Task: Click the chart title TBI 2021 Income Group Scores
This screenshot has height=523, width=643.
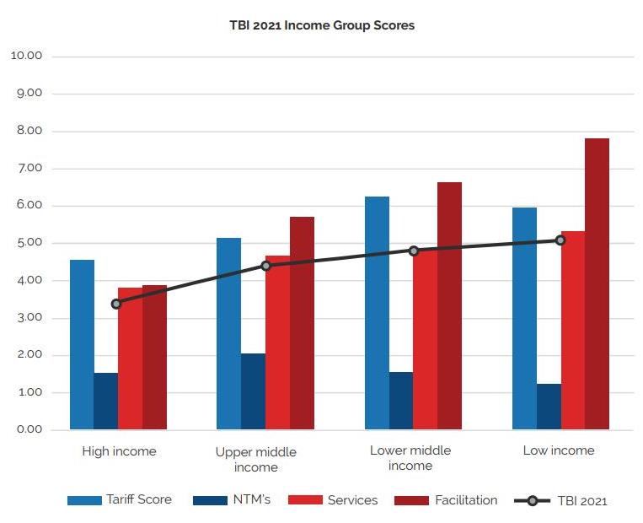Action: click(322, 25)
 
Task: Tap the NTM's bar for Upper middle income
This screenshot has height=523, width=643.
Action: click(253, 391)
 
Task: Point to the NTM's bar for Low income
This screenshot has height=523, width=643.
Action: click(549, 407)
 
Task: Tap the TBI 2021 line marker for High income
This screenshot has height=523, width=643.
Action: click(116, 304)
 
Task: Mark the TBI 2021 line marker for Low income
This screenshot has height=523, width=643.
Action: click(560, 240)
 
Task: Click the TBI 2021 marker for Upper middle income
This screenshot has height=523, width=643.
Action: click(265, 266)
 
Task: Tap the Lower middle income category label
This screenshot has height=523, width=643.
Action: click(410, 458)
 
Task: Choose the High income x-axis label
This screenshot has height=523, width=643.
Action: click(119, 451)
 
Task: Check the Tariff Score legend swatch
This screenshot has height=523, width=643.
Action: click(83, 500)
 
